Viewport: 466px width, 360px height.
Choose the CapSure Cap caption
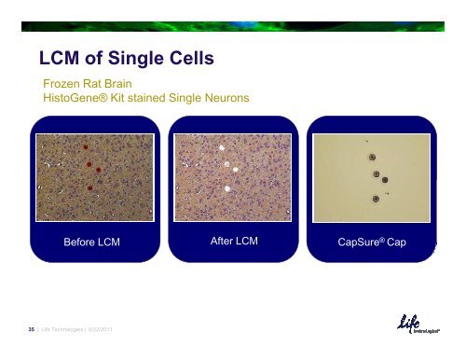tap(373, 243)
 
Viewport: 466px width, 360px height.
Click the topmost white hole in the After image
tap(223, 146)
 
